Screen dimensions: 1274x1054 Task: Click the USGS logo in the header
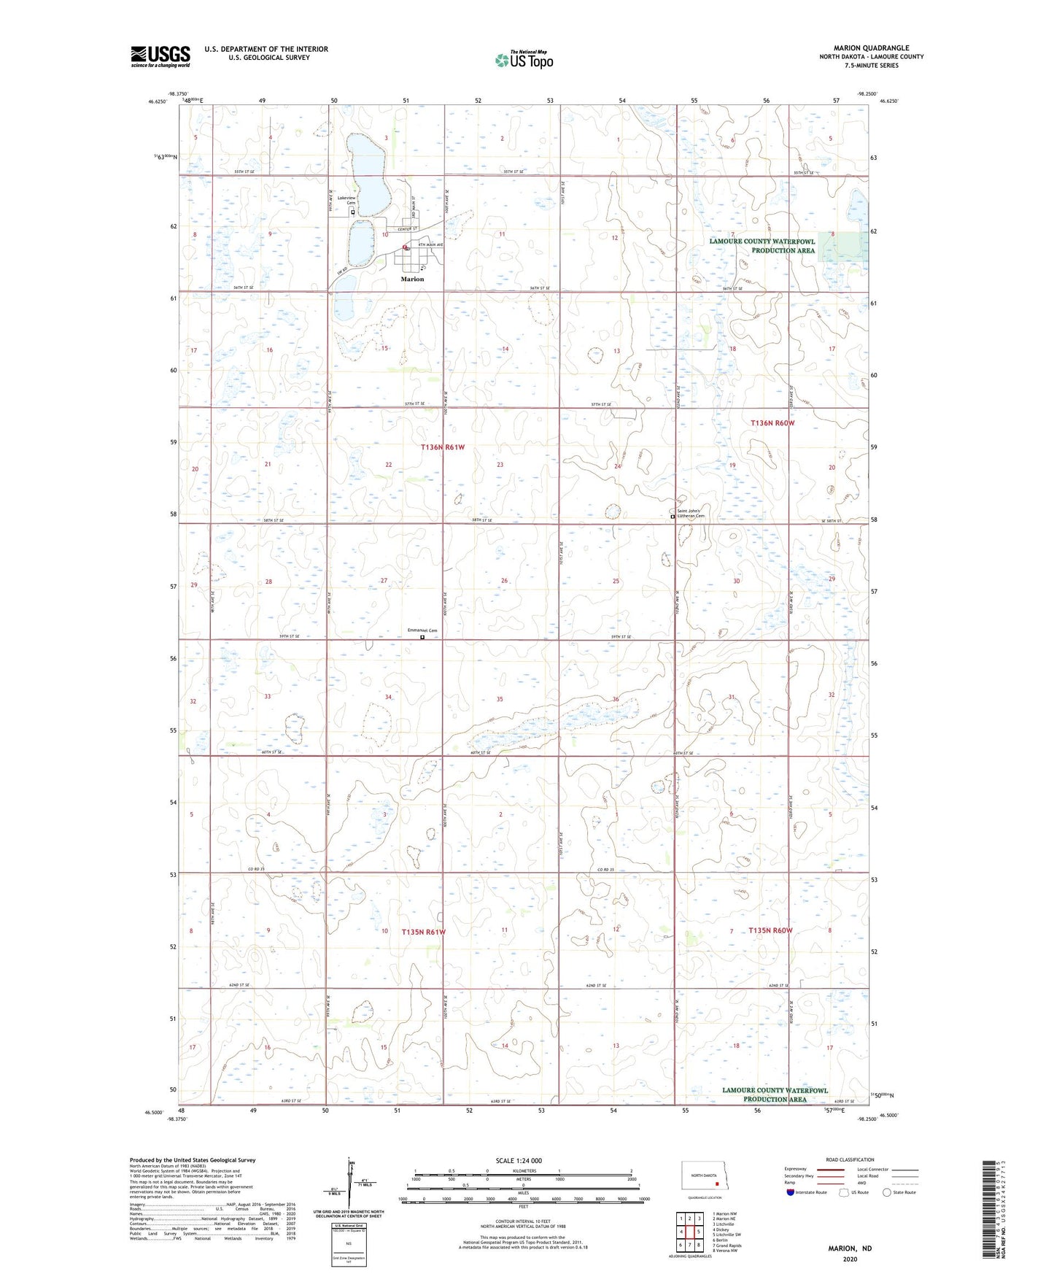(x=160, y=56)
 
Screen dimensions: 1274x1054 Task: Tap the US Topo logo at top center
(x=524, y=59)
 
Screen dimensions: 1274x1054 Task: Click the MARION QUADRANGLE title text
(x=871, y=47)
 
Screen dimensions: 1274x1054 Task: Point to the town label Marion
(x=412, y=279)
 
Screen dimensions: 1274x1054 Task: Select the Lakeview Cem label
(x=346, y=200)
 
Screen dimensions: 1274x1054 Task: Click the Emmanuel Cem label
(x=422, y=630)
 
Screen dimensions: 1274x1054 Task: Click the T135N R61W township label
(x=423, y=932)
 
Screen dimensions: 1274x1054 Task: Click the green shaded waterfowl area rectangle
(x=842, y=246)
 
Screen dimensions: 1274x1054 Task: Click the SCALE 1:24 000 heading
(x=519, y=1160)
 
